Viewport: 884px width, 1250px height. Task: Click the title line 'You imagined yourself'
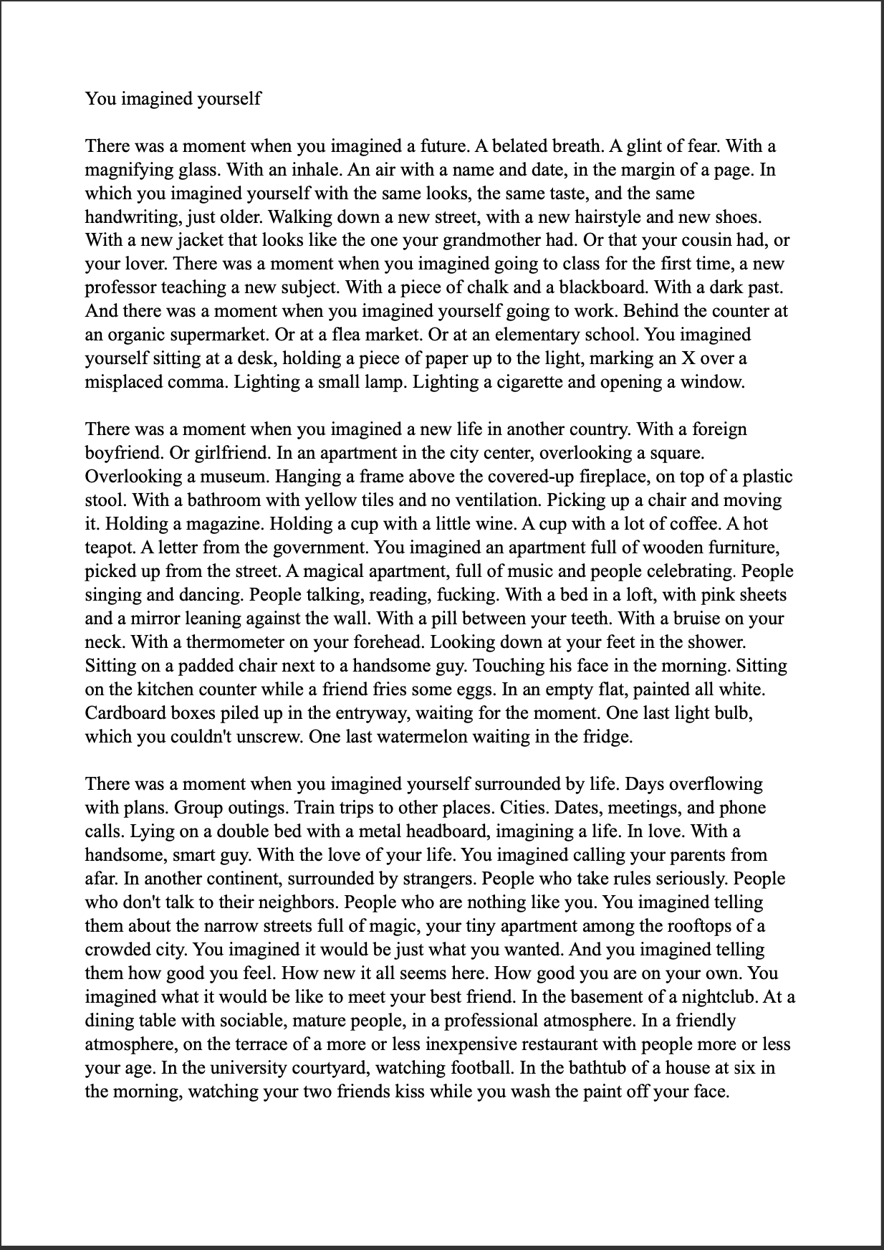pos(173,98)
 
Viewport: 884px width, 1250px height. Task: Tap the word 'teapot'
pos(109,548)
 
